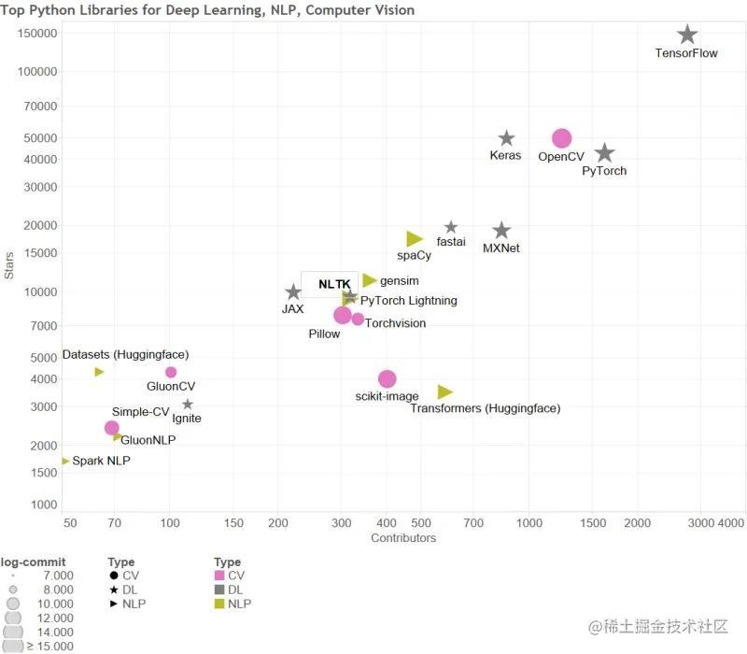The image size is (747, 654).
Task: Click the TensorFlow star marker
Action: click(687, 35)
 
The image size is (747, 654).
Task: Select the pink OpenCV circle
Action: click(561, 138)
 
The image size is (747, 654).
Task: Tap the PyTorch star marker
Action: click(604, 153)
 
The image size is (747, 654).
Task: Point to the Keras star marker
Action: click(506, 138)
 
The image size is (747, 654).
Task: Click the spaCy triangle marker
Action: click(415, 239)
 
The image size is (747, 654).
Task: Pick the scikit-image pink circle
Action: click(388, 378)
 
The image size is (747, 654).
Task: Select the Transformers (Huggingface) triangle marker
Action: click(444, 391)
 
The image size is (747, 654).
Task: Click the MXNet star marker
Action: click(501, 231)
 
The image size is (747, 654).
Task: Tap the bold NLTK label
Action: click(334, 284)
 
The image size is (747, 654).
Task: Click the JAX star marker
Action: click(293, 292)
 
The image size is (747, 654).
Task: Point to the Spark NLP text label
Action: click(101, 461)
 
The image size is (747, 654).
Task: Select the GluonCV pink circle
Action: click(171, 372)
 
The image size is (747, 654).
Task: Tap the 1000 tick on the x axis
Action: click(529, 522)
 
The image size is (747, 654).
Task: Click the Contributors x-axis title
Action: click(403, 538)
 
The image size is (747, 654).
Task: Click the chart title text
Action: click(207, 10)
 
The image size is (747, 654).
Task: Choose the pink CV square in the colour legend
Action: click(219, 576)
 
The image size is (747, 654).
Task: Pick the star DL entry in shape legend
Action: click(127, 590)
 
